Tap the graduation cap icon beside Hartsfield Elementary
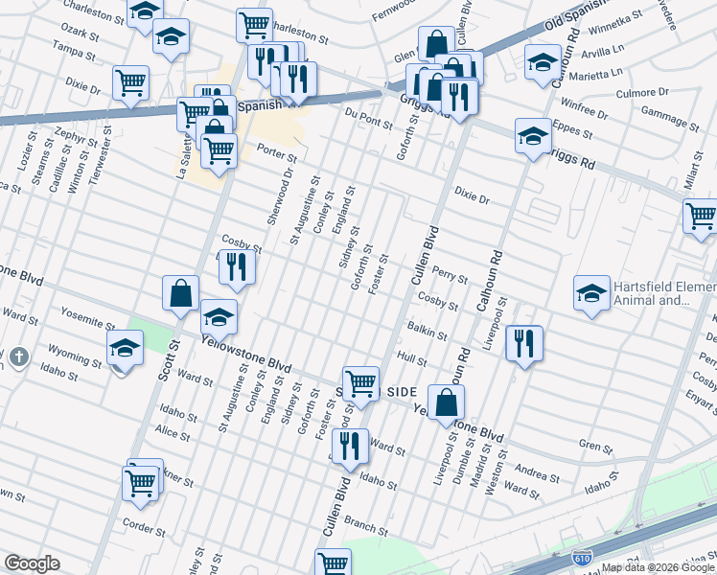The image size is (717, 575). [x=591, y=291]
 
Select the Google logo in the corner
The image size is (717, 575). [x=32, y=563]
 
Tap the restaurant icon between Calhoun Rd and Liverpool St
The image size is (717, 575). [x=523, y=342]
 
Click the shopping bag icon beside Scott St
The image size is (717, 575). [x=180, y=293]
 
